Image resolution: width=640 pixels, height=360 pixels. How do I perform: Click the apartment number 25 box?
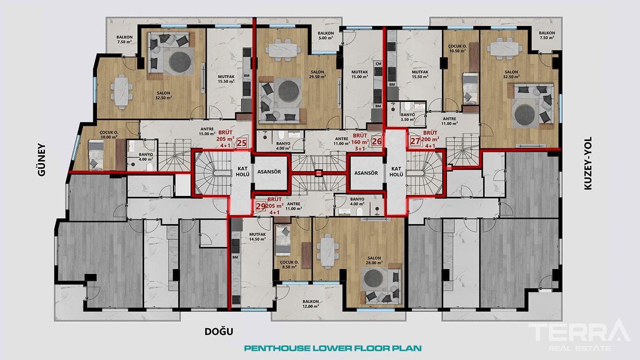pyautogui.click(x=242, y=143)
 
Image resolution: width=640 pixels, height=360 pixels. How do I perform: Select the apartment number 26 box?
pyautogui.click(x=377, y=141)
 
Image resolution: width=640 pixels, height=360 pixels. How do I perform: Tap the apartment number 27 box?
pyautogui.click(x=415, y=141)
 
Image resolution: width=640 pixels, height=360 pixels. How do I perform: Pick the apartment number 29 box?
pyautogui.click(x=261, y=206)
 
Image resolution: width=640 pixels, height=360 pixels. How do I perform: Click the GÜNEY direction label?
pyautogui.click(x=42, y=160)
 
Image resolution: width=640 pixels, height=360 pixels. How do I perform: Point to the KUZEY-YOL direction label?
pyautogui.click(x=588, y=163)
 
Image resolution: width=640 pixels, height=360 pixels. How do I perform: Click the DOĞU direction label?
pyautogui.click(x=219, y=332)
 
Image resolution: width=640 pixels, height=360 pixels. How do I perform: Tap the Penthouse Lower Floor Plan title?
pyautogui.click(x=333, y=348)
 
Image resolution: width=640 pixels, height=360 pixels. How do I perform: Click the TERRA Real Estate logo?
pyautogui.click(x=580, y=335)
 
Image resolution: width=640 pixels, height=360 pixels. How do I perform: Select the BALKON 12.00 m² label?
pyautogui.click(x=310, y=304)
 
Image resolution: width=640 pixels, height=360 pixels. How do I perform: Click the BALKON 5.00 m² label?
pyautogui.click(x=325, y=36)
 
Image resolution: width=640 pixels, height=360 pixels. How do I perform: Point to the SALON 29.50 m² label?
pyautogui.click(x=317, y=74)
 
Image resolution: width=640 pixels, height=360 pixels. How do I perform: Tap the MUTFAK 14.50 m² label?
pyautogui.click(x=257, y=237)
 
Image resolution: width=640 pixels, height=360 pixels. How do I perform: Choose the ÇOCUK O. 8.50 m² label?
pyautogui.click(x=289, y=265)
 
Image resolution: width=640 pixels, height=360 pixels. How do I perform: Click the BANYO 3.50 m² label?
pyautogui.click(x=408, y=117)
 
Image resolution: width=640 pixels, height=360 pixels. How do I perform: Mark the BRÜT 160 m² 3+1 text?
pyautogui.click(x=360, y=142)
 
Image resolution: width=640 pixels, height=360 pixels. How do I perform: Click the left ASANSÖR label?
pyautogui.click(x=269, y=172)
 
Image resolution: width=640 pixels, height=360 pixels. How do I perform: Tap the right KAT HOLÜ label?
pyautogui.click(x=396, y=171)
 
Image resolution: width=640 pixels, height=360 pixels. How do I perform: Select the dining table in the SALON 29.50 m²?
pyautogui.click(x=283, y=50)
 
